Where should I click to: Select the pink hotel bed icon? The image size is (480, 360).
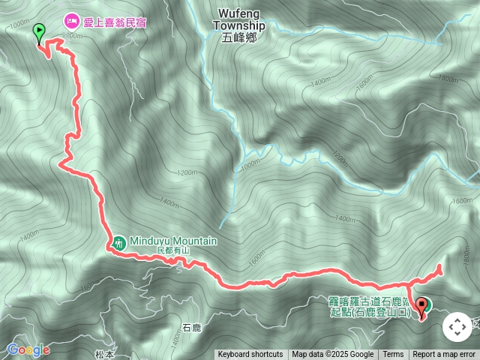72,21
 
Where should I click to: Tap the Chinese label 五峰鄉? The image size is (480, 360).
238,37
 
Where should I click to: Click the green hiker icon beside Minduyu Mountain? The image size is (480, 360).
118,242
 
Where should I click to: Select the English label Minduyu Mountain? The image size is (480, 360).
173,241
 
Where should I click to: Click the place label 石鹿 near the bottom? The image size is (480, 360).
191,328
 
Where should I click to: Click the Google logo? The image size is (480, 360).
28,349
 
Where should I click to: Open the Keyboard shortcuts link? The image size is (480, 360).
250,355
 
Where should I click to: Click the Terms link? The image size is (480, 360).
393,355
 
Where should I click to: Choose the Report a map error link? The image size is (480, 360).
444,355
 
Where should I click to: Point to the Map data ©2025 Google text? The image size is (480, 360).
332,355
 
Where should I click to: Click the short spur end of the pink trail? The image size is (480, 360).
440,266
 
